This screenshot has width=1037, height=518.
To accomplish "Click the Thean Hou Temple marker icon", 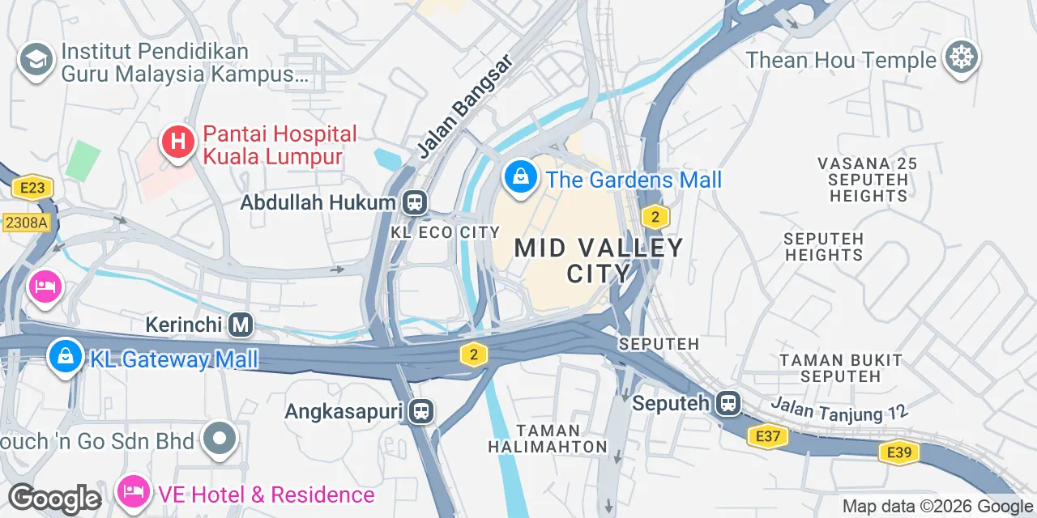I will tap(962, 58).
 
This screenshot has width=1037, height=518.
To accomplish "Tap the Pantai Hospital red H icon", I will tap(178, 143).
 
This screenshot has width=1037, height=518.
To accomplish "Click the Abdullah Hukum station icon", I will tap(415, 202).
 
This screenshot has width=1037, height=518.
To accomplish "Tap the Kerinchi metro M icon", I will tap(240, 325).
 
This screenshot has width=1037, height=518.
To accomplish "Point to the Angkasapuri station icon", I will tap(421, 411).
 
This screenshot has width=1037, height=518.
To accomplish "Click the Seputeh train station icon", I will tap(728, 403).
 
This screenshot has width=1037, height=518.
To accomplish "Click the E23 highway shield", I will tap(32, 189).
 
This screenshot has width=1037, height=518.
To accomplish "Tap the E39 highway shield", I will tap(899, 452).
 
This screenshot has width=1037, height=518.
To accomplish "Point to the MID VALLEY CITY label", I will tap(600, 260).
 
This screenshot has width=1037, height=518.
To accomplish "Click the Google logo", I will tap(54, 499).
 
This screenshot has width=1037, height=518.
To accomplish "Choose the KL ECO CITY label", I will tap(445, 233).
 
